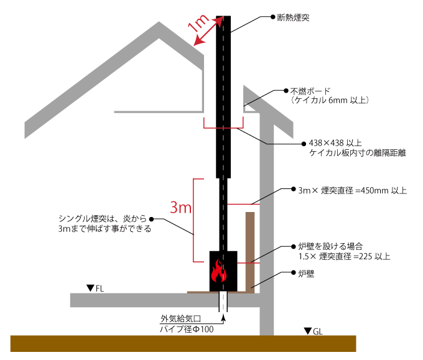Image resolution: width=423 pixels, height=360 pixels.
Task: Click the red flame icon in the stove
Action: click(219, 272)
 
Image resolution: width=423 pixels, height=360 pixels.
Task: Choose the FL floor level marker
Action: click(95, 288)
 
